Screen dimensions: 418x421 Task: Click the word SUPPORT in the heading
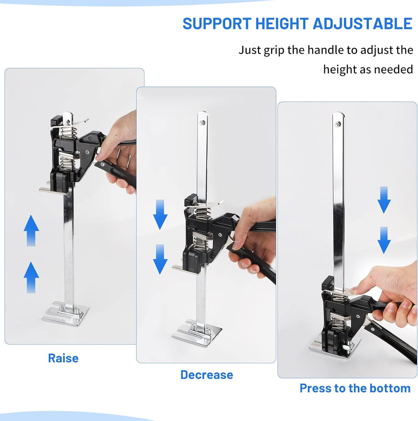click(x=217, y=24)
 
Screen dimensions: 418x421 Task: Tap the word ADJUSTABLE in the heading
click(x=363, y=24)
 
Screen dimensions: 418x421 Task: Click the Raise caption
click(x=63, y=358)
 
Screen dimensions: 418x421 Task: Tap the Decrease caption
click(x=207, y=375)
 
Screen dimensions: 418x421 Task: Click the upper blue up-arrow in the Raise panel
click(x=31, y=230)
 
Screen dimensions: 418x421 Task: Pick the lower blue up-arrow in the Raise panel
click(x=31, y=277)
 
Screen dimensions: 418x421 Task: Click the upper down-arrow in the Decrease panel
click(x=160, y=215)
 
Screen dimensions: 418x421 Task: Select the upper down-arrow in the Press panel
click(x=384, y=200)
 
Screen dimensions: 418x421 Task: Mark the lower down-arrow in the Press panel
click(x=384, y=240)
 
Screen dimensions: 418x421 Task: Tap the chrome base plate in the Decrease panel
click(x=197, y=333)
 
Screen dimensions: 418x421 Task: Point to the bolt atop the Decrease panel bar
click(x=201, y=123)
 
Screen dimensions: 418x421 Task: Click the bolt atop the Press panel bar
click(x=338, y=124)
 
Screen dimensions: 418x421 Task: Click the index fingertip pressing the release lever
click(x=354, y=290)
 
